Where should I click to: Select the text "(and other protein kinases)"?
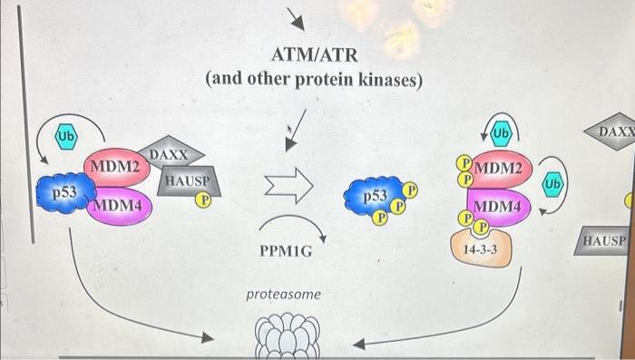pos(315,80)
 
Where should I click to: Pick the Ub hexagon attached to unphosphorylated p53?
pos(66,136)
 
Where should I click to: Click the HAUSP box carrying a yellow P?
pos(186,182)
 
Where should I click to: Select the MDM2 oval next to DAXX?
pos(116,167)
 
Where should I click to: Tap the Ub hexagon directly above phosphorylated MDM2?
pos(501,134)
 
